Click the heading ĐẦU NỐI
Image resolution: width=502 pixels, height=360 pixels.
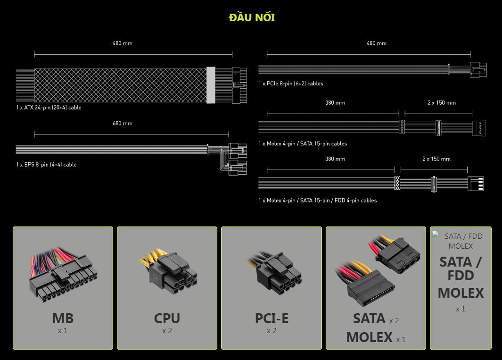pyautogui.click(x=252, y=17)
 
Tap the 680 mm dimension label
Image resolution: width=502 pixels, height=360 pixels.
pyautogui.click(x=122, y=123)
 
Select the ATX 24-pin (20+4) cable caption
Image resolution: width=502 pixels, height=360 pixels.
pyautogui.click(x=49, y=108)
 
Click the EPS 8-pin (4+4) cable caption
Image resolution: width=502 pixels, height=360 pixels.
pyautogui.click(x=46, y=165)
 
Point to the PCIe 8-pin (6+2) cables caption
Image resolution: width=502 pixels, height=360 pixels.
pyautogui.click(x=291, y=84)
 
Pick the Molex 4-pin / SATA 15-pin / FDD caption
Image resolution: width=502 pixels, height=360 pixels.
pyautogui.click(x=318, y=201)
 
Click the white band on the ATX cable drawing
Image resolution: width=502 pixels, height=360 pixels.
pyautogui.click(x=211, y=85)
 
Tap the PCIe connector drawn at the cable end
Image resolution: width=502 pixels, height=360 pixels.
pyautogui.click(x=478, y=69)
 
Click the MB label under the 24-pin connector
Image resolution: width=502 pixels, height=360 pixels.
pyautogui.click(x=63, y=318)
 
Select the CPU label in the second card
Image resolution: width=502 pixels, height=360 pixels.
pyautogui.click(x=167, y=318)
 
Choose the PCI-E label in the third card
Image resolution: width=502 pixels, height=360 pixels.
pyautogui.click(x=272, y=318)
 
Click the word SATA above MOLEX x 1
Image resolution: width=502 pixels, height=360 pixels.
pyautogui.click(x=369, y=318)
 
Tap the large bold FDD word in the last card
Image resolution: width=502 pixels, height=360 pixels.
pyautogui.click(x=461, y=276)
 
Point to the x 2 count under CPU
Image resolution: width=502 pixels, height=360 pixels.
pyautogui.click(x=167, y=331)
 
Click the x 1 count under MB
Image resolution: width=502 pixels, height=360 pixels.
pyautogui.click(x=63, y=331)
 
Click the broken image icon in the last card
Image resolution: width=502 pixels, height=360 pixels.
pyautogui.click(x=436, y=234)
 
